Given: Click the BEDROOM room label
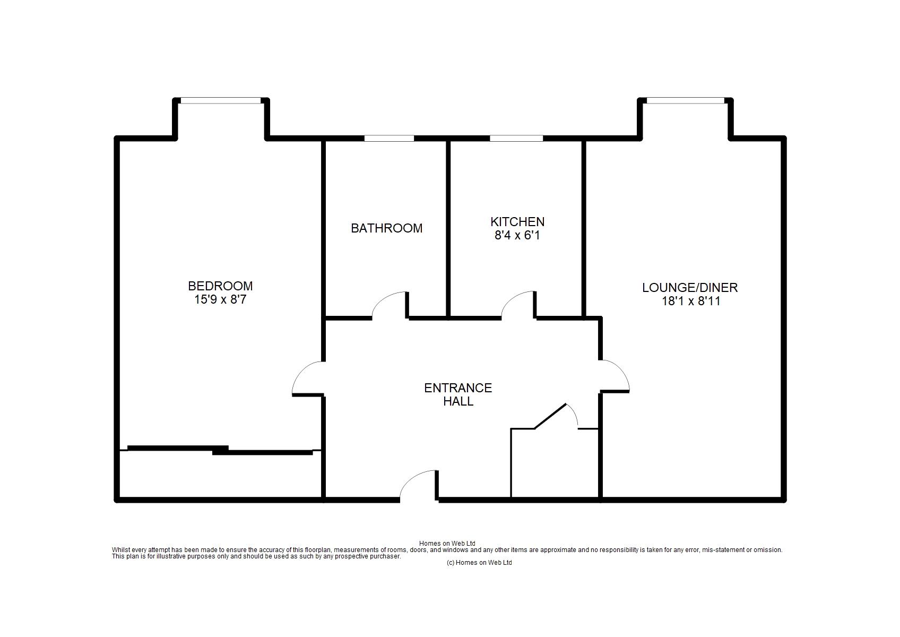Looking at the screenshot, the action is point(220,286).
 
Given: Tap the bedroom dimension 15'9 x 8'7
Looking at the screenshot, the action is point(220,300).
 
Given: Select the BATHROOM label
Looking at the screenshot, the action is point(386,228).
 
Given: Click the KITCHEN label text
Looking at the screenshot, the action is point(517,222).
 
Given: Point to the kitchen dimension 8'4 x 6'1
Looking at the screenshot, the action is point(517,236).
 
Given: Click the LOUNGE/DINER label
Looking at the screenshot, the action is point(690,288).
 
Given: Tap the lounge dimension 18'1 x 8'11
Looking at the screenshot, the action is point(691,301).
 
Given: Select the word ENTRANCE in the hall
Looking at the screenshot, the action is point(458,388).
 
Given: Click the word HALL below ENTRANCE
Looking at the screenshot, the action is point(458,401).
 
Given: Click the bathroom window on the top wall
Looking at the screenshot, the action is point(389,138).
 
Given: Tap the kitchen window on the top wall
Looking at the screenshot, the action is point(516,138).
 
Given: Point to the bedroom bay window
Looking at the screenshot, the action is point(221,100).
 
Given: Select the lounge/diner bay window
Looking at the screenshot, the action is point(686,100).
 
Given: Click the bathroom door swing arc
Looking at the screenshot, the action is point(382,299).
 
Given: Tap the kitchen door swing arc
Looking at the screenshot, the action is point(511,299).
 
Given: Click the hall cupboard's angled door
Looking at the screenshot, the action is point(550,416).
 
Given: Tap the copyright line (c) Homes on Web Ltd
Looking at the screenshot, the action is point(479,563).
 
